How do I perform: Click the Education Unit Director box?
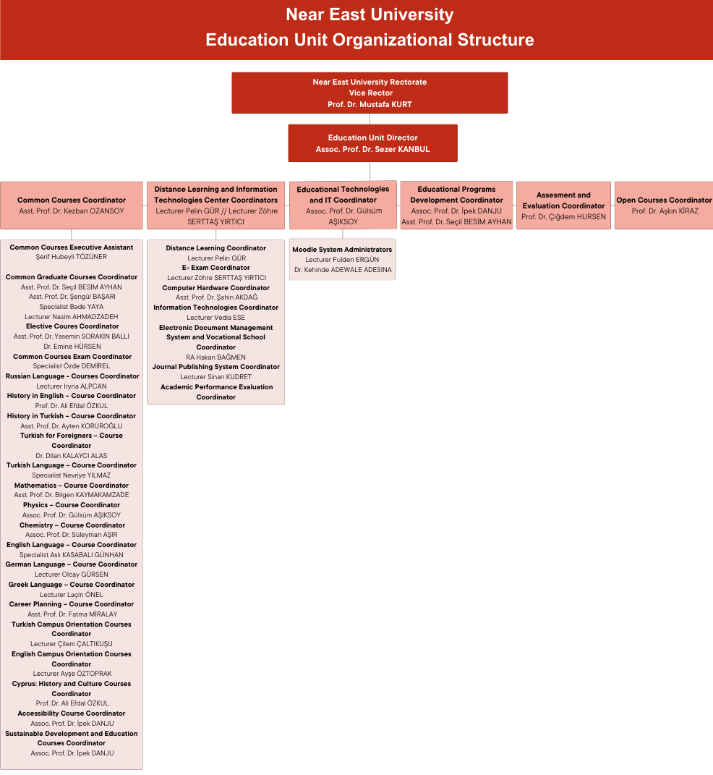[x=372, y=143]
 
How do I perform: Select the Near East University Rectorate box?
[x=370, y=93]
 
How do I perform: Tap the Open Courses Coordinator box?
[x=664, y=206]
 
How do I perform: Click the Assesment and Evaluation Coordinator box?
[x=563, y=206]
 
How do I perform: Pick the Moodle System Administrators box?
[x=342, y=259]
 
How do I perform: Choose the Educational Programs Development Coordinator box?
[x=456, y=206]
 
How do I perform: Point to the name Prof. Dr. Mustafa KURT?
[x=370, y=104]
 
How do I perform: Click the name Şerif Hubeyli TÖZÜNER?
[x=72, y=257]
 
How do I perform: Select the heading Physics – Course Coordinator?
[x=72, y=505]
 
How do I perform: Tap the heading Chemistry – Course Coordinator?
[x=72, y=525]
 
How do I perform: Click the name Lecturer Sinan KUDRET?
[x=215, y=377]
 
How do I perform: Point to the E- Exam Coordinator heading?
[x=215, y=268]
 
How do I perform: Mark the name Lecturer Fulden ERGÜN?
[x=342, y=260]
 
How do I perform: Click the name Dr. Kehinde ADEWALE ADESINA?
[x=343, y=270]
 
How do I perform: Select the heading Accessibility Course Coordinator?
[x=72, y=713]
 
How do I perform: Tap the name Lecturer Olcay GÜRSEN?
[x=72, y=575]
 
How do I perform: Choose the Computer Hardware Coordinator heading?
[x=215, y=288]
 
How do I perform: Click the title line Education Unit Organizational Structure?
[x=370, y=40]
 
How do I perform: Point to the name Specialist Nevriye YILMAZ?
[x=72, y=475]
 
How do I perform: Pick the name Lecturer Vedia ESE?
[x=215, y=318]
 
